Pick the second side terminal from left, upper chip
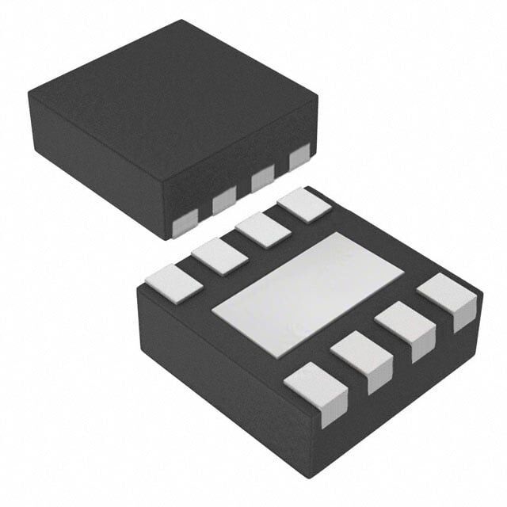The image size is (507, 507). click(224, 203)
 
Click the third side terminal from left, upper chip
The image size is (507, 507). click(262, 180)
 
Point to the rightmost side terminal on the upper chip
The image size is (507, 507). click(299, 158)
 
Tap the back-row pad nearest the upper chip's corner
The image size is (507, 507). click(304, 204)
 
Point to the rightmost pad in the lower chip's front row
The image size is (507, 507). click(448, 297)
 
